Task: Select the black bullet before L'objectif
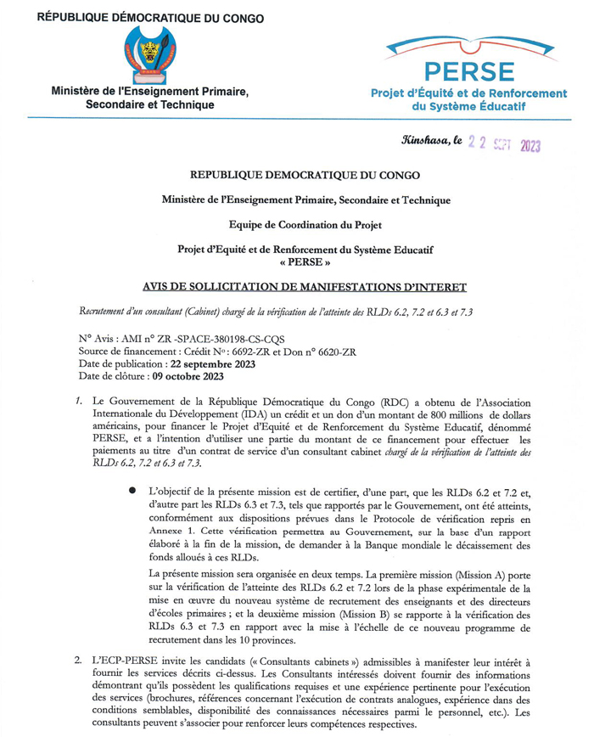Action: [132, 491]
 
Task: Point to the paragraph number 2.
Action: [77, 659]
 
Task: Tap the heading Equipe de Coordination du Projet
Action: [296, 225]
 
